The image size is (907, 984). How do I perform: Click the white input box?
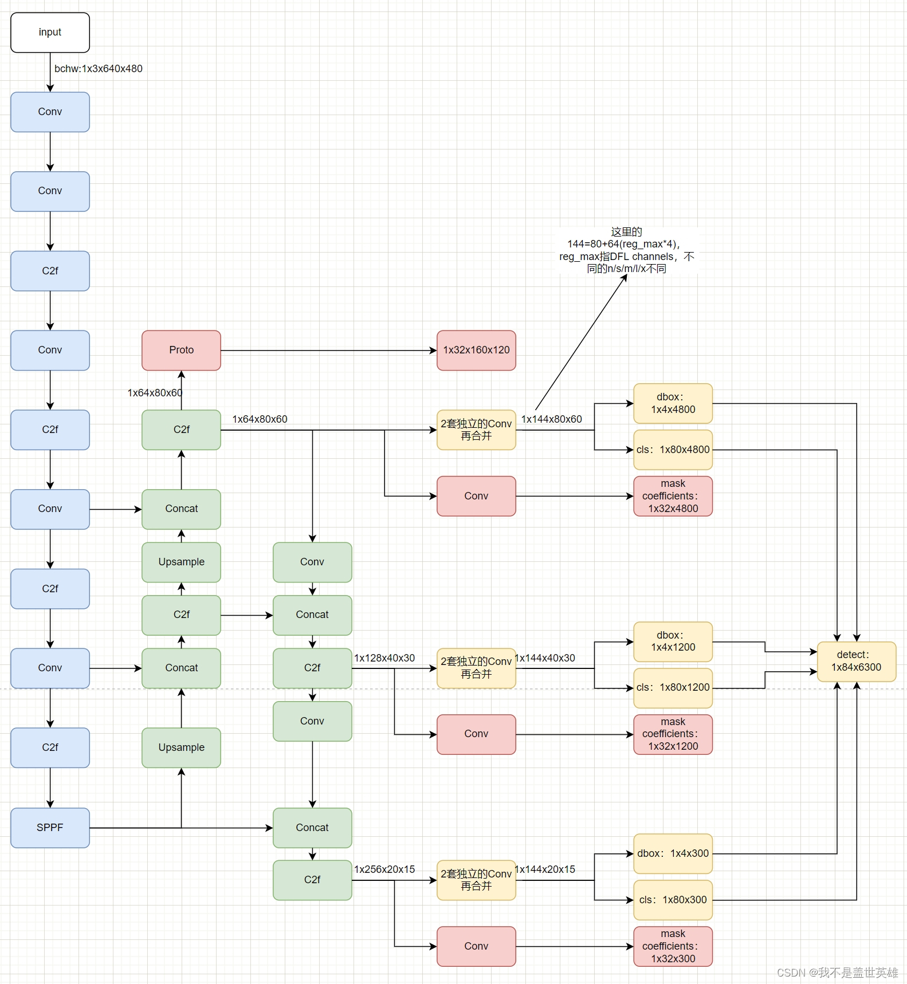point(50,33)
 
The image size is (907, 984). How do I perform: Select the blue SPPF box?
point(50,828)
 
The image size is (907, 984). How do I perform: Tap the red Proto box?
point(181,350)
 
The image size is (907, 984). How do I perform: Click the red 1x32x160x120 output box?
point(476,350)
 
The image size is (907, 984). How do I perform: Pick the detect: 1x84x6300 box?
point(856,662)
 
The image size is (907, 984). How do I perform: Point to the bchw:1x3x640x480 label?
point(99,69)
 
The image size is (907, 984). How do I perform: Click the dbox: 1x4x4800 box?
point(673,403)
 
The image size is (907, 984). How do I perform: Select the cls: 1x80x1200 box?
point(673,687)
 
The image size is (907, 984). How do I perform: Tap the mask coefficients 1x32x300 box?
point(673,946)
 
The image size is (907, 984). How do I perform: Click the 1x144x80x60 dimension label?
point(551,419)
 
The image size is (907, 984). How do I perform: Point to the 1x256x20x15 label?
point(384,869)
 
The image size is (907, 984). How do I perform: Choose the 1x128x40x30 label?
point(384,658)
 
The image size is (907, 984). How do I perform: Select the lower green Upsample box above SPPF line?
point(181,747)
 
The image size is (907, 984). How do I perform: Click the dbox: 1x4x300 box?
point(673,853)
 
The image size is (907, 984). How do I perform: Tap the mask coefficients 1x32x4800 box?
point(673,496)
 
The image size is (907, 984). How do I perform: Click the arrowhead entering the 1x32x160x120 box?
point(433,351)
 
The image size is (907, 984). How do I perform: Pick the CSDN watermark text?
point(837,973)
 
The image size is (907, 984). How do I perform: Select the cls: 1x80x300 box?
point(673,900)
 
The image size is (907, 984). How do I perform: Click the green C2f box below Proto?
point(181,430)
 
